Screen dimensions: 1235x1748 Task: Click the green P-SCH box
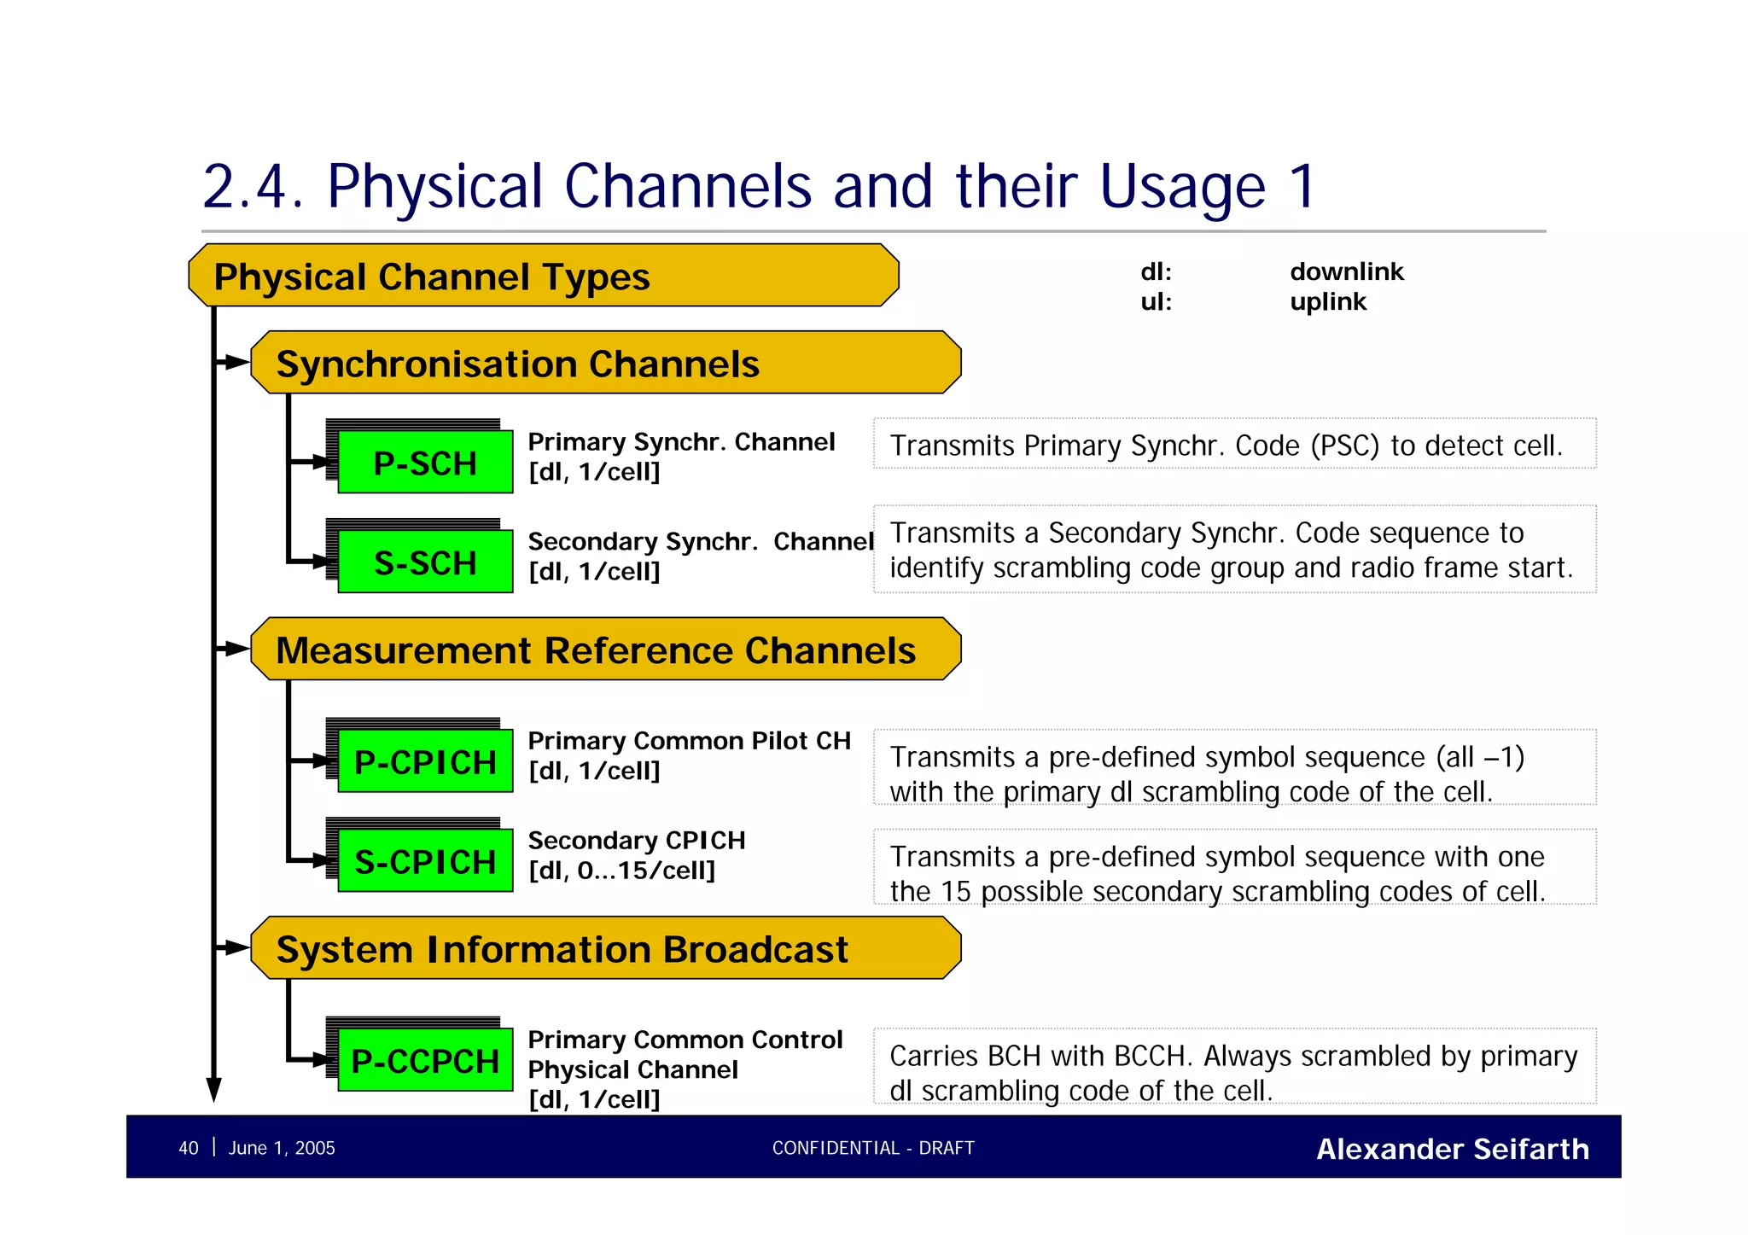click(425, 463)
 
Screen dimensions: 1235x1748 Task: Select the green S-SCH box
click(425, 562)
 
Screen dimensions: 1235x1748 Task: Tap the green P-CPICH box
click(425, 761)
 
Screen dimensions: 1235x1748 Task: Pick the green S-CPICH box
click(425, 861)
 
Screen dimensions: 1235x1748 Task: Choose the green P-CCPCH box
click(425, 1061)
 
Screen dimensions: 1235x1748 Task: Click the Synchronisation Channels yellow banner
click(605, 364)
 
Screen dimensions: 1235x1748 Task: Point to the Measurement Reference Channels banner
click(605, 650)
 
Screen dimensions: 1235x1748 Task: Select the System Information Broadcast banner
click(605, 949)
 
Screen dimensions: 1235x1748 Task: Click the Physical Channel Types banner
click(543, 277)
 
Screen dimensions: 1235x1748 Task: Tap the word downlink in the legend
click(1346, 272)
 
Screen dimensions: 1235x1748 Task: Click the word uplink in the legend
click(1328, 302)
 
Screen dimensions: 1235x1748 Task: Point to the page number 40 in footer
click(189, 1148)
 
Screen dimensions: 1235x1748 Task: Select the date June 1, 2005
click(282, 1148)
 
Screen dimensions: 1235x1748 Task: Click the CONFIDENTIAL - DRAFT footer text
click(873, 1148)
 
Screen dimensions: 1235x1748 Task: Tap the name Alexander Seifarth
click(1452, 1149)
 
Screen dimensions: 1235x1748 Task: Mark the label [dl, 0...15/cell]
click(621, 871)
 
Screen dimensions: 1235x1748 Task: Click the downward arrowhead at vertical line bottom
click(214, 1089)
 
